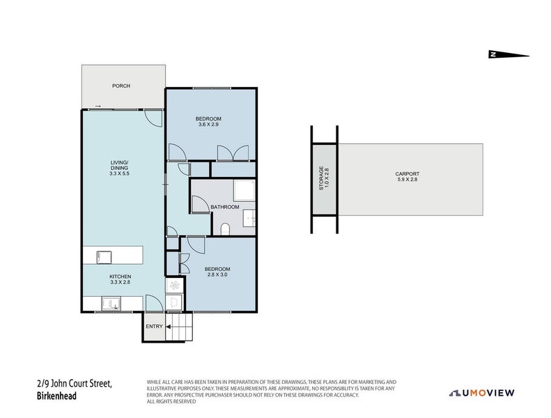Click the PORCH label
coord(122,86)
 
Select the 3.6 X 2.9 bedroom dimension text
coord(210,125)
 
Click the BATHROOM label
coord(225,207)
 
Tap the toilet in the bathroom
coord(225,229)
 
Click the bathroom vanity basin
coord(249,218)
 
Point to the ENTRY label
coord(153,326)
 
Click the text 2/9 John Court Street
coord(73,384)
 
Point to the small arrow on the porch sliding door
coord(98,106)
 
